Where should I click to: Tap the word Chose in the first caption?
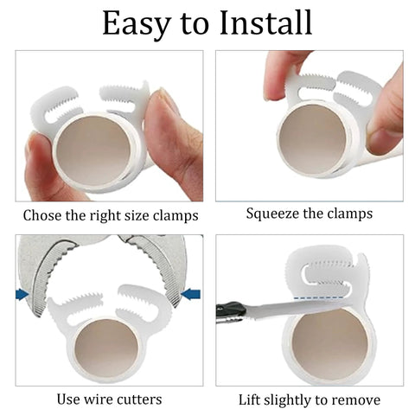[x=43, y=215]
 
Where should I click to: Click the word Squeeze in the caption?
[x=274, y=213]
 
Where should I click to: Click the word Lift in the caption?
[x=251, y=399]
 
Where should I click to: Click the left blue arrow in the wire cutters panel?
[x=22, y=295]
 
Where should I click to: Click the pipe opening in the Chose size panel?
[x=96, y=148]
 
